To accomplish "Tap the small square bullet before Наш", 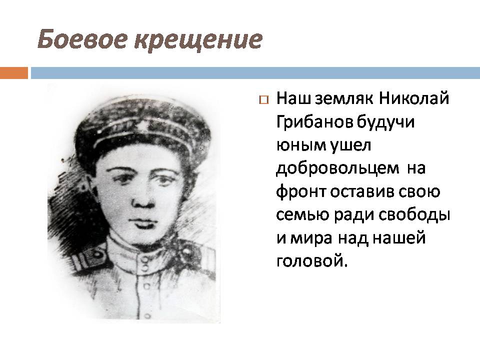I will [x=264, y=99].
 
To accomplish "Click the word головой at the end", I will [x=310, y=262].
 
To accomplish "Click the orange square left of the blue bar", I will [x=13, y=72].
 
